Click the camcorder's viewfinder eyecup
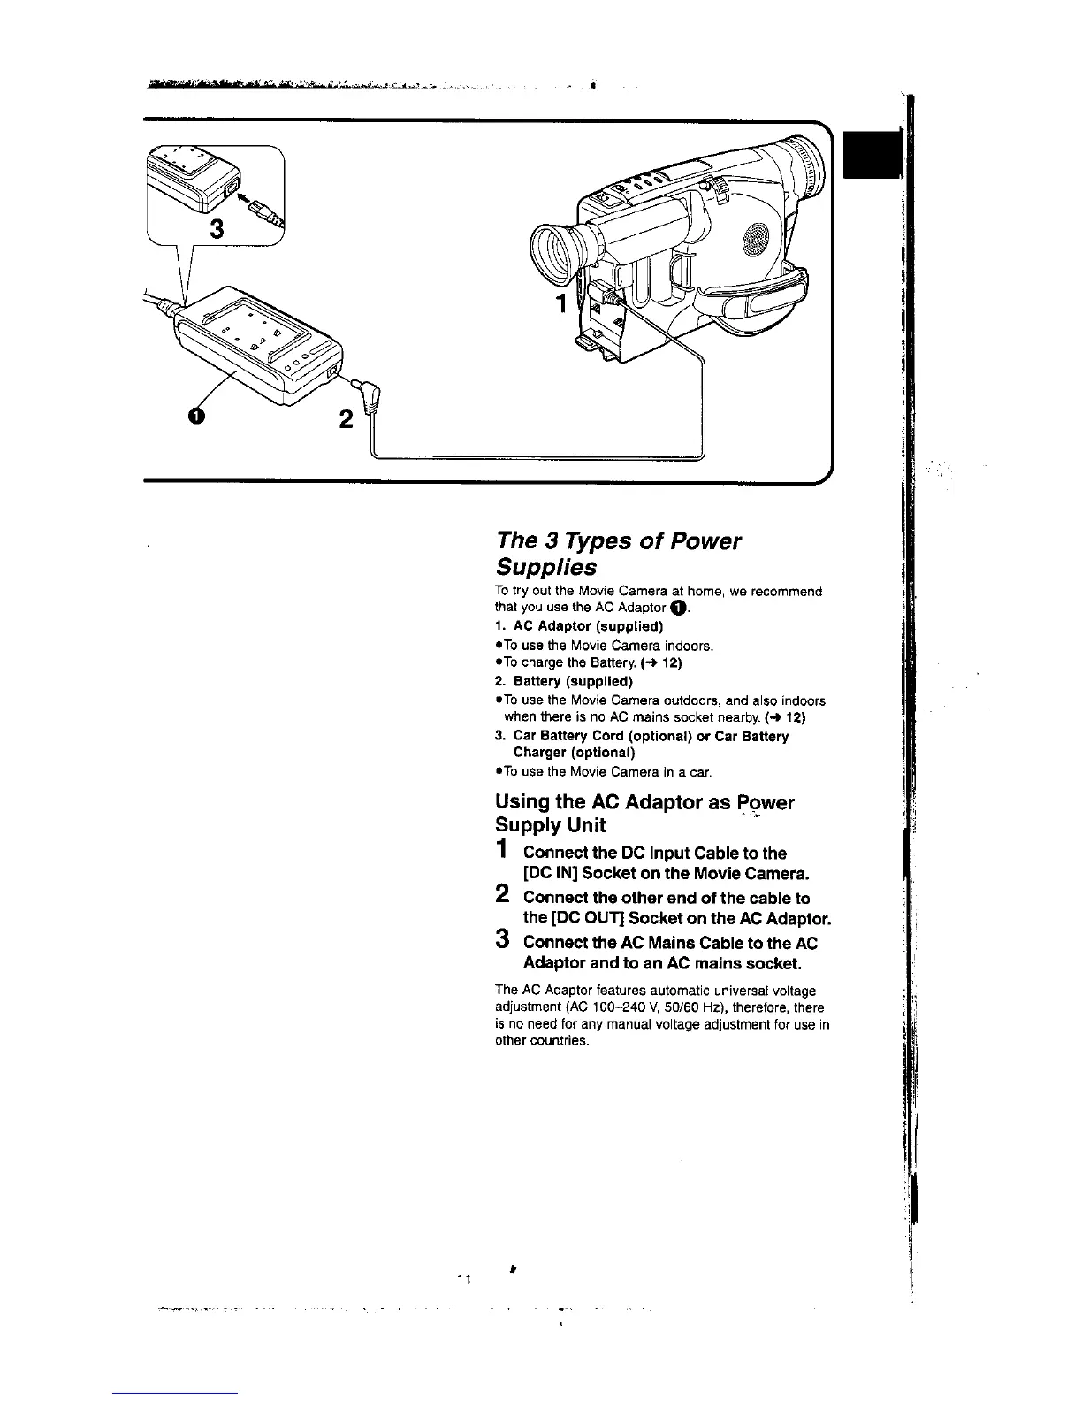click(x=554, y=251)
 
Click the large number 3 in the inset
click(x=216, y=230)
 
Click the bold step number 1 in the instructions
click(x=501, y=850)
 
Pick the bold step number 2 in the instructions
click(x=501, y=894)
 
